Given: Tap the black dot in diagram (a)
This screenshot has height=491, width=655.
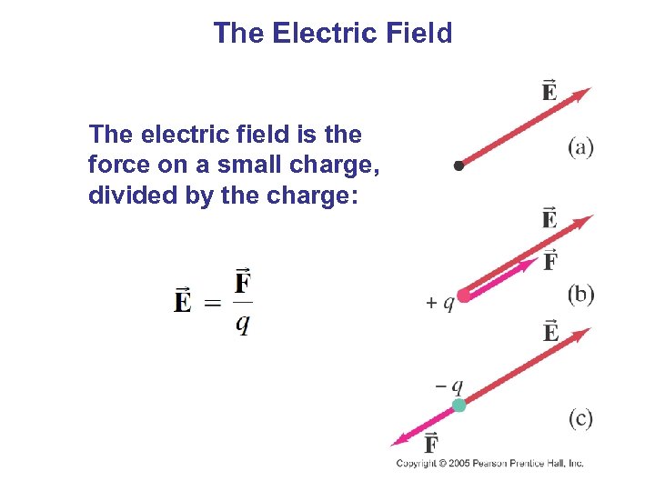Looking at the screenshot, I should (x=459, y=165).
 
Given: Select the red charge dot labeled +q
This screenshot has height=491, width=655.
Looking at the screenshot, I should (x=464, y=295).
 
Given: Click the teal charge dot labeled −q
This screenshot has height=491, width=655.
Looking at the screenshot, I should (x=459, y=406).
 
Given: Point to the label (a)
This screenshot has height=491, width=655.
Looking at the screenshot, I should (x=580, y=147).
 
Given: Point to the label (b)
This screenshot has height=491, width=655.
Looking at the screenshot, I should (x=580, y=294).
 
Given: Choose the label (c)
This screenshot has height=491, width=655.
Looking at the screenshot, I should (x=580, y=418).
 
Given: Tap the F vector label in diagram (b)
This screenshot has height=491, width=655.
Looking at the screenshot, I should (x=550, y=261).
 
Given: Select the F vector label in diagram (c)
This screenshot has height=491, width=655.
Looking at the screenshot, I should (x=431, y=443).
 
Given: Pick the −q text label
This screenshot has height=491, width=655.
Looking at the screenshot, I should (x=449, y=386).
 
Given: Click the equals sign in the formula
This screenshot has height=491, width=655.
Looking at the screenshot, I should (x=212, y=301).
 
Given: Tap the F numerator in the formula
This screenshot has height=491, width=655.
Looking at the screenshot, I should (x=243, y=282).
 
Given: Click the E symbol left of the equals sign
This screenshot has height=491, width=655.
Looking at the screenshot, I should (x=183, y=299).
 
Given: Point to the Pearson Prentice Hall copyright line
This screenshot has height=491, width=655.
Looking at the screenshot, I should (x=489, y=464).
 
